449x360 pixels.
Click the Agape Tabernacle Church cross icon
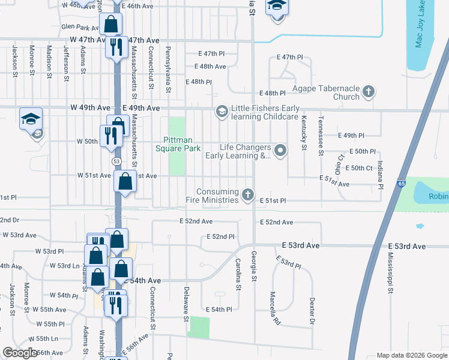369,92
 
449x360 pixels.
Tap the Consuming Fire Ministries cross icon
247,194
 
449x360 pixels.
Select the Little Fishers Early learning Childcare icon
221,112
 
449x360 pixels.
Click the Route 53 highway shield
116,162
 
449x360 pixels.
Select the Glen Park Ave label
80,27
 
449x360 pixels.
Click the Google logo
20,353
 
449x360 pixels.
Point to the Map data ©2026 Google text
411,355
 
